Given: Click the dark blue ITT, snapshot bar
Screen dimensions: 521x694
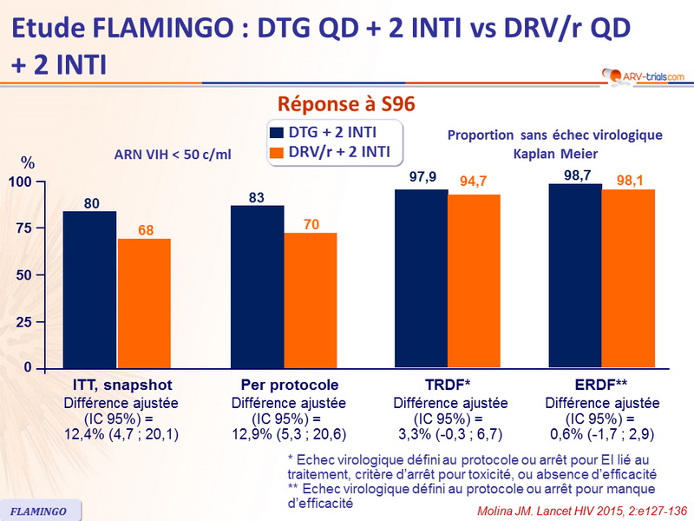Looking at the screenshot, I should [89, 289].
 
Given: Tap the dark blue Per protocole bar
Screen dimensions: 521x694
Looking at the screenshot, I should [258, 287].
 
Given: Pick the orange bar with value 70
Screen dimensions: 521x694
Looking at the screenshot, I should [311, 300].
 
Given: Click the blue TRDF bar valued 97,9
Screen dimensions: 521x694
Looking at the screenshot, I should [421, 278].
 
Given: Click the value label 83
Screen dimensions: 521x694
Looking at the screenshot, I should [258, 197].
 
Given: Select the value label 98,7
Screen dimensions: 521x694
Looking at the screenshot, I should [575, 175].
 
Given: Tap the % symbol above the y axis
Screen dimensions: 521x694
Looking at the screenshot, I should [28, 163].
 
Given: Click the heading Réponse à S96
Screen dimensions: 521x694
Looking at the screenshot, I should [346, 104].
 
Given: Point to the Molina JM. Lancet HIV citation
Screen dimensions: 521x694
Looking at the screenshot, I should [575, 510].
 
